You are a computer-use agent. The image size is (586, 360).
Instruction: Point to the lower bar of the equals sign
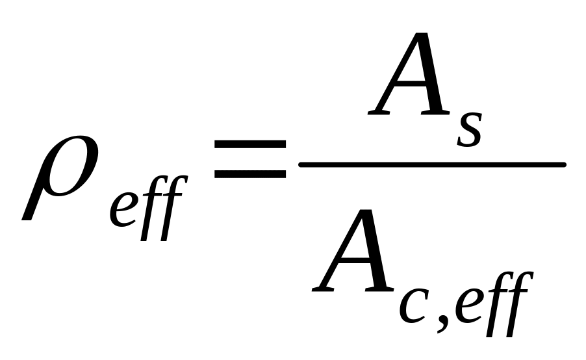(250, 174)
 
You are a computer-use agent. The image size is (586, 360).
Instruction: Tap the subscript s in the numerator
(469, 129)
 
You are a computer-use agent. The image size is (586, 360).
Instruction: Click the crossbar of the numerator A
(406, 83)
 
